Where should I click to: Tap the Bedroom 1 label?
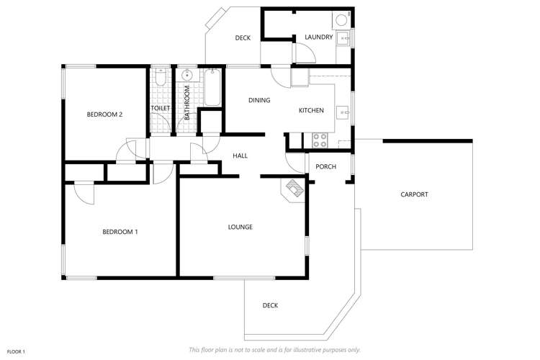pyautogui.click(x=120, y=231)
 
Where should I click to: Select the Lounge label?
pyautogui.click(x=240, y=228)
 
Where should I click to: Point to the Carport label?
pyautogui.click(x=414, y=194)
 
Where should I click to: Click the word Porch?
pyautogui.click(x=326, y=167)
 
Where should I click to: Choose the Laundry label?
pyautogui.click(x=318, y=37)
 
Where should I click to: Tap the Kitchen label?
pyautogui.click(x=312, y=110)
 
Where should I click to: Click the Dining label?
pyautogui.click(x=259, y=100)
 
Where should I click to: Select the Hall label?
pyautogui.click(x=240, y=156)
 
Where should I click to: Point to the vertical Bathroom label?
pyautogui.click(x=186, y=102)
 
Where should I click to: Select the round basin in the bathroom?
pyautogui.click(x=187, y=74)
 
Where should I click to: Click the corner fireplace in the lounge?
pyautogui.click(x=294, y=189)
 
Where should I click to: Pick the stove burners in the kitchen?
pyautogui.click(x=319, y=140)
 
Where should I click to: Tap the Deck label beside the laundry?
pyautogui.click(x=243, y=37)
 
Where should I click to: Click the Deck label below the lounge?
pyautogui.click(x=270, y=305)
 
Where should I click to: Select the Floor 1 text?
pyautogui.click(x=16, y=351)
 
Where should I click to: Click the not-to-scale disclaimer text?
pyautogui.click(x=274, y=350)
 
